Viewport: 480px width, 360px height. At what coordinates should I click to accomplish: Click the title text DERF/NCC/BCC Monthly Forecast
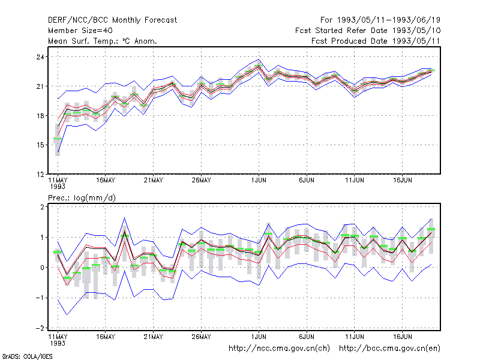tap(112, 20)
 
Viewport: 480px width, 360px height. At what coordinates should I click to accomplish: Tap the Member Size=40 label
tap(80, 31)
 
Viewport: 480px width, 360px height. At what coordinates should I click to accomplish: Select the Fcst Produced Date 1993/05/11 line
tap(376, 41)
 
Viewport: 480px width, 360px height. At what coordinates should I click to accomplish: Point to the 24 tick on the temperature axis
tap(41, 57)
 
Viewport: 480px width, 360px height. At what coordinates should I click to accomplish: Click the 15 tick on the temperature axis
tap(41, 145)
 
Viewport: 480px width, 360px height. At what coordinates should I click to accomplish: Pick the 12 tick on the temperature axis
tap(41, 175)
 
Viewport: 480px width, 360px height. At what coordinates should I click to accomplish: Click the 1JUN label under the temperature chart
tap(259, 181)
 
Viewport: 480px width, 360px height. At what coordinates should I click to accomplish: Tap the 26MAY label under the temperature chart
tap(201, 181)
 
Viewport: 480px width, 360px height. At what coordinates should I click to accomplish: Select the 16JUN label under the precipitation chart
tap(402, 337)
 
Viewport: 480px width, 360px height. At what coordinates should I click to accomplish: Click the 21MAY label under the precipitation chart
tap(154, 337)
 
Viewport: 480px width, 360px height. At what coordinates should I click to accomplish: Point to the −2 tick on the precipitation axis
tap(40, 328)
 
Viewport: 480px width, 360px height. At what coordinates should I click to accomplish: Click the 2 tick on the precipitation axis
tap(42, 207)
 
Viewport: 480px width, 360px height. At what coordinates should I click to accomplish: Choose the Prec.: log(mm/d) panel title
tap(82, 198)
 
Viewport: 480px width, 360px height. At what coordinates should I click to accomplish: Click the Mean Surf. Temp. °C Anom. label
tap(103, 41)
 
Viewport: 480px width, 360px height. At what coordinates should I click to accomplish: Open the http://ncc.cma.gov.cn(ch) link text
tap(279, 349)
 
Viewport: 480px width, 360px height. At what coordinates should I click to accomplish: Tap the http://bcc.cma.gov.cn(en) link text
tap(389, 349)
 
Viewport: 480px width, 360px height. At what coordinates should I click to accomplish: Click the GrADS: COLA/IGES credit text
tap(27, 356)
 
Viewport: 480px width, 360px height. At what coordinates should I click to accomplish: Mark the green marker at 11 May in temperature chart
tap(58, 139)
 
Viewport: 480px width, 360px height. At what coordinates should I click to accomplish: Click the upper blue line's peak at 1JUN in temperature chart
tap(259, 59)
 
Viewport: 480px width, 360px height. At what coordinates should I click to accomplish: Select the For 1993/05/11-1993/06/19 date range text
tap(380, 20)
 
